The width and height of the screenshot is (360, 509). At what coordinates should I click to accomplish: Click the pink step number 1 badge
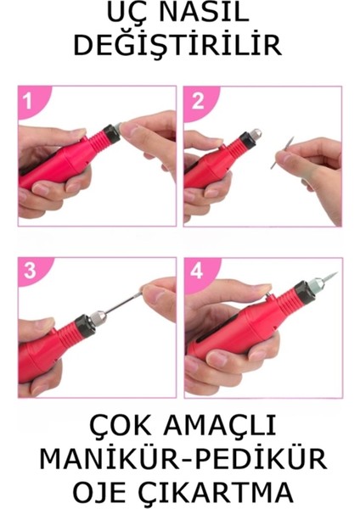[28, 103]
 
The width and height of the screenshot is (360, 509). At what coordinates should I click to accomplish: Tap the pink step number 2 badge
[198, 103]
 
